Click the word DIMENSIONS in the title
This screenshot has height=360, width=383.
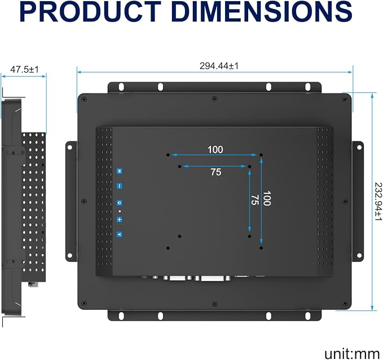pyautogui.click(x=262, y=11)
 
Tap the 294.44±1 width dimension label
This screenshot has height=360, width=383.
pyautogui.click(x=219, y=66)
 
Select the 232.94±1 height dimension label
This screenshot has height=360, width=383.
pyautogui.click(x=378, y=202)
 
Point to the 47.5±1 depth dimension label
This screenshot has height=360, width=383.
pyautogui.click(x=24, y=69)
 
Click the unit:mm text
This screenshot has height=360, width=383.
pyautogui.click(x=351, y=354)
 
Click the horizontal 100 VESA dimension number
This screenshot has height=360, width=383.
pyautogui.click(x=215, y=150)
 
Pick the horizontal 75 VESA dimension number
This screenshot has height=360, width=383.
pyautogui.click(x=216, y=172)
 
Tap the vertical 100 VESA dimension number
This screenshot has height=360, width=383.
pyautogui.click(x=267, y=198)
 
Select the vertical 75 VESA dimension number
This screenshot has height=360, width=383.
pyautogui.click(x=255, y=200)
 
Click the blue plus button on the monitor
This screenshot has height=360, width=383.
pyautogui.click(x=119, y=220)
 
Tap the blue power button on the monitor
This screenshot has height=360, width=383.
pyautogui.click(x=119, y=203)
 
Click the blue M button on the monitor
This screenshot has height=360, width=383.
pyautogui.click(x=119, y=171)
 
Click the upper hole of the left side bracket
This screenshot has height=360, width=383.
pyautogui.click(x=69, y=148)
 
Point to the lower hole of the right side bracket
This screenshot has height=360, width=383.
pyautogui.click(x=359, y=255)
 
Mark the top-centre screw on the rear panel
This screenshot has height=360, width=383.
pyautogui.click(x=214, y=99)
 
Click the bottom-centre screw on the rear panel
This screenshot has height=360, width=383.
pyautogui.click(x=214, y=304)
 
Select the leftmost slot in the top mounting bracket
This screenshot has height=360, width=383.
pyautogui.click(x=121, y=87)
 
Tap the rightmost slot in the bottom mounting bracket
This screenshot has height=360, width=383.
pyautogui.click(x=308, y=316)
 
